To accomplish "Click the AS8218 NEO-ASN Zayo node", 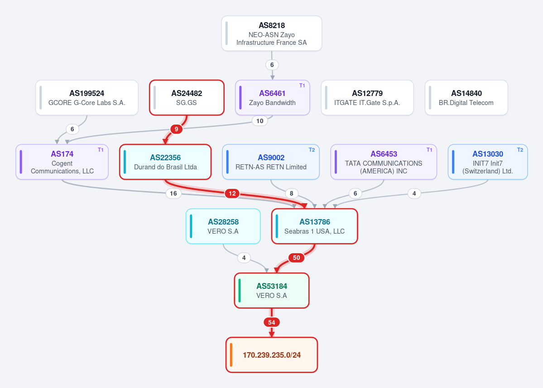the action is coord(272,33).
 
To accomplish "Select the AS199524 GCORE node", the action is coord(87,98).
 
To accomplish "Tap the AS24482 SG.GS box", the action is coord(187,98).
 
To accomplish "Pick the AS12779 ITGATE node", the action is coord(367,98).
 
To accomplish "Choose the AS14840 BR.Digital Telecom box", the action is coord(466,98).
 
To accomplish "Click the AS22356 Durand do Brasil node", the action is coord(165,162).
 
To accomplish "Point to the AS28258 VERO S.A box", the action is coord(223,226).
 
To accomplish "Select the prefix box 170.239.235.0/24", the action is coord(272,355).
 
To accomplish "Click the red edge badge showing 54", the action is coord(272,322).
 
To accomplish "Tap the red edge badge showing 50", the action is coord(297,258).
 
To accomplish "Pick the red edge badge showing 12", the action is coord(232,193).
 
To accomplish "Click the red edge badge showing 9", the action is coord(176,129).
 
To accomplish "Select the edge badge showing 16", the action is coord(173,193).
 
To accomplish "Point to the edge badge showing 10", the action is coord(260,121).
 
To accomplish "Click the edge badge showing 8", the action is coord(291,193).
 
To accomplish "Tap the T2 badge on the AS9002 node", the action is coord(312,150).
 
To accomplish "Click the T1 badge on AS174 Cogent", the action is coord(101,150).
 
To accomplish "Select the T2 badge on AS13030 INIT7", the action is coord(520,150).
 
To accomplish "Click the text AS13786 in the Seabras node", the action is coord(314,222).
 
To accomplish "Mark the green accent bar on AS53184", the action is coord(239,291).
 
